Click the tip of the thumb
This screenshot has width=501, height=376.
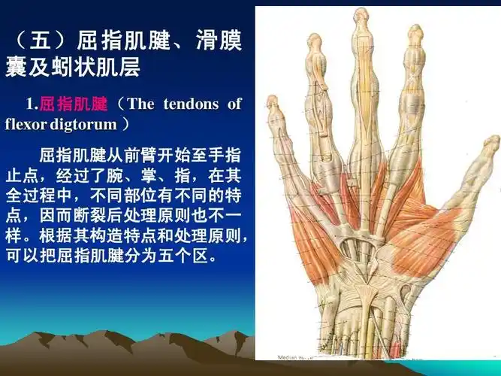coord(490,142)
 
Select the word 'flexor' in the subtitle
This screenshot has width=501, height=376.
coord(26,123)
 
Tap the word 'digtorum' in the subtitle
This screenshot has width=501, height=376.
coord(83,123)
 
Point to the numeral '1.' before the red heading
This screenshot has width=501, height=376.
coord(31,104)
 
